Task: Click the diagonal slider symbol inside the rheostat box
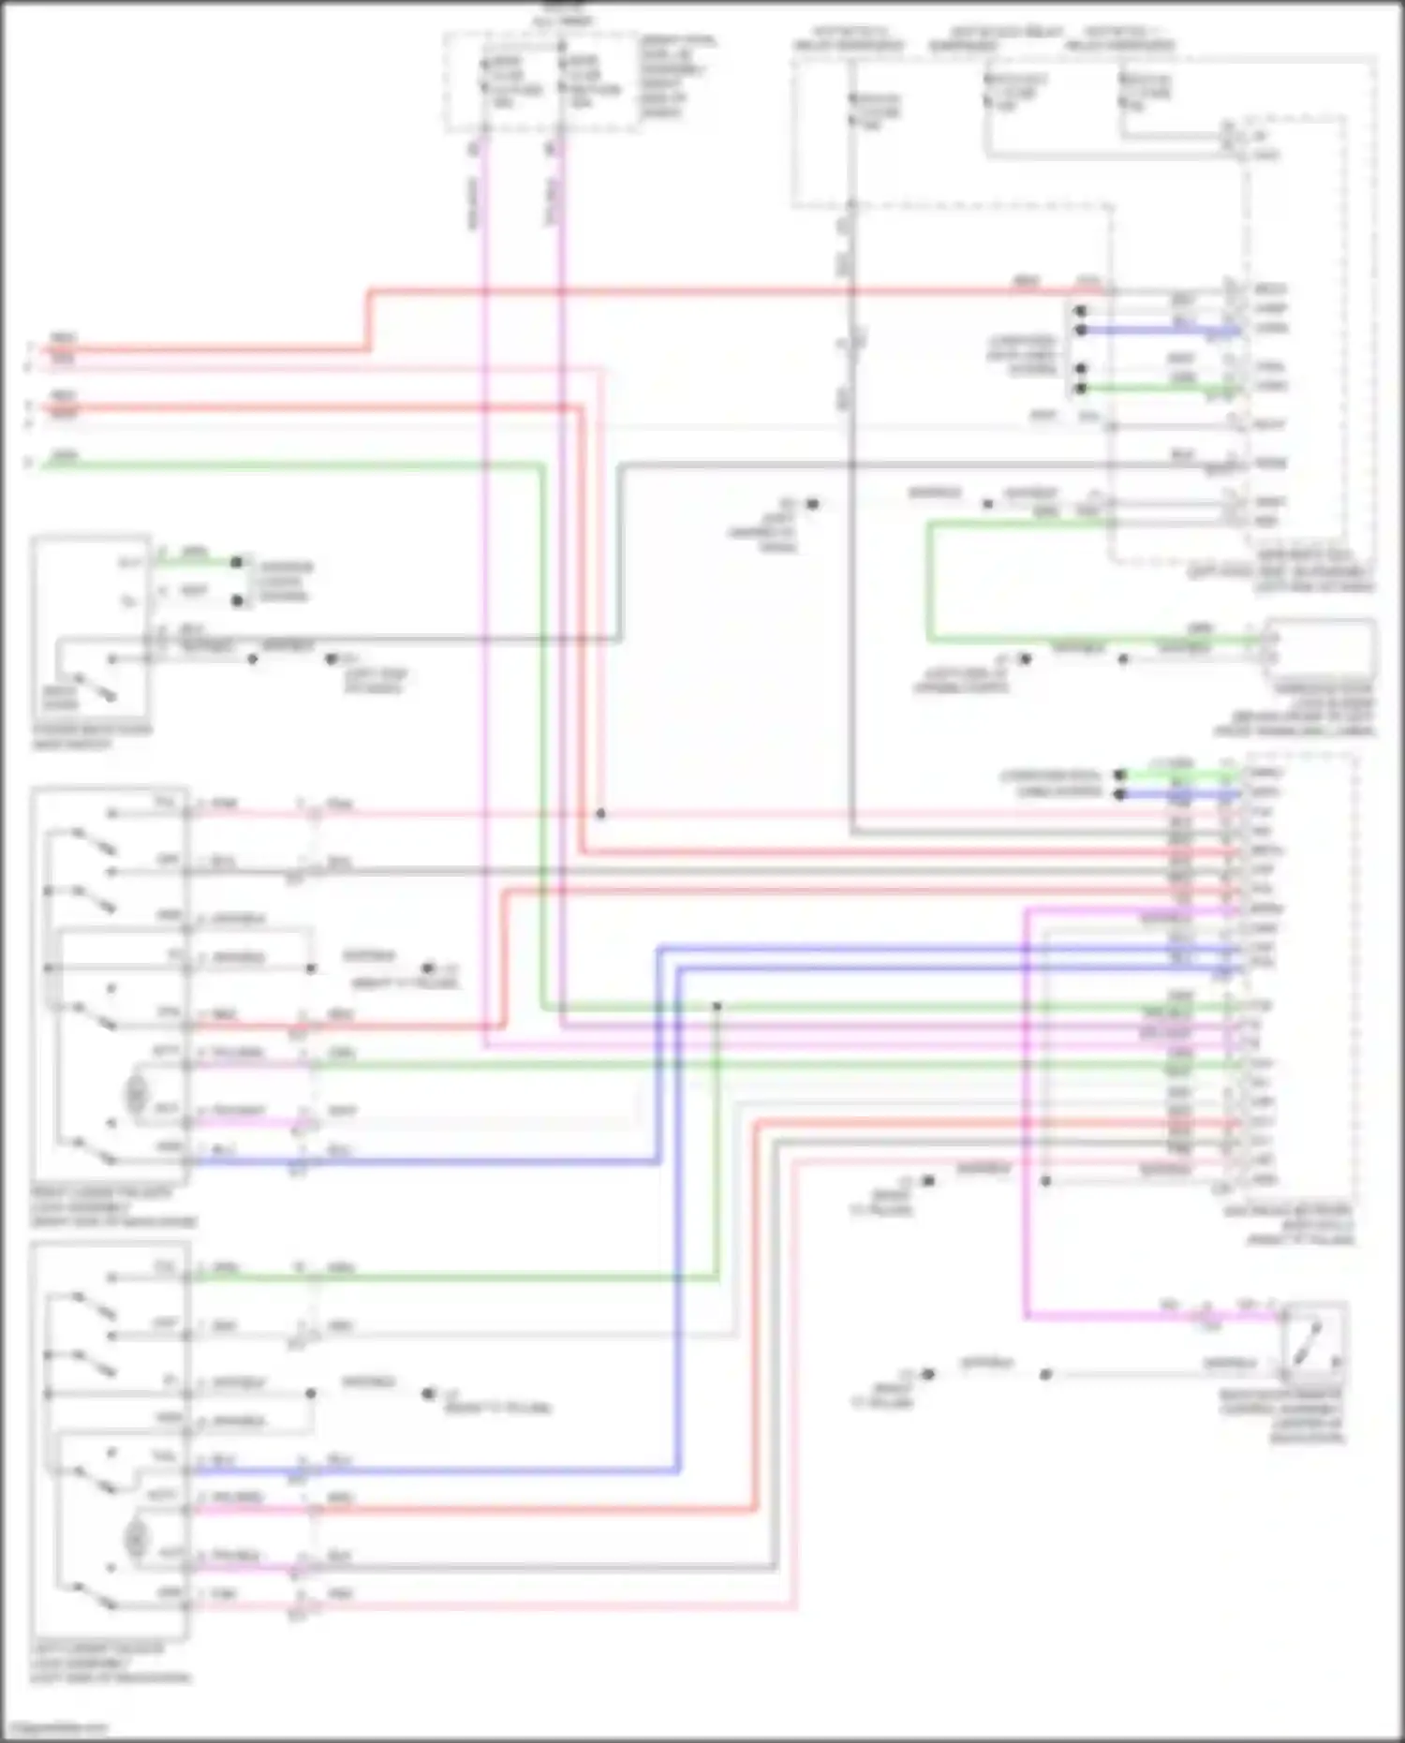1311,1341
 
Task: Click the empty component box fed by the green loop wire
1321,646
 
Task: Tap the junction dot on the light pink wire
601,813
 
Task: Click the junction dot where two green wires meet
717,1007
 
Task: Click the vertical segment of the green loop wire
928,581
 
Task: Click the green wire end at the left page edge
37,463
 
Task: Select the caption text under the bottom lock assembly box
111,1662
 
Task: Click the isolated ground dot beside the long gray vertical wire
812,504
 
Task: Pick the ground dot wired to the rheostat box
927,1374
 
